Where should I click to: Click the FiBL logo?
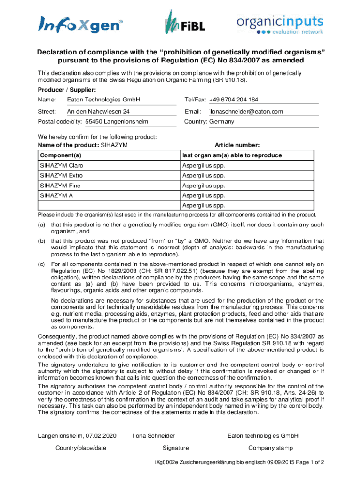coord(184,23)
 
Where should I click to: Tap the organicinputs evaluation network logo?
coord(279,25)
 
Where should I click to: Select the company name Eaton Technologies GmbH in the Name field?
coord(103,100)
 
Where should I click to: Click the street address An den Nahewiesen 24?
coord(98,111)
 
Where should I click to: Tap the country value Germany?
coord(221,122)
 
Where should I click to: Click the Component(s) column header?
coord(61,155)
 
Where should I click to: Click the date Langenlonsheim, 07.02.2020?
coord(77,436)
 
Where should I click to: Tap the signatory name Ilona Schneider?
coord(154,436)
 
